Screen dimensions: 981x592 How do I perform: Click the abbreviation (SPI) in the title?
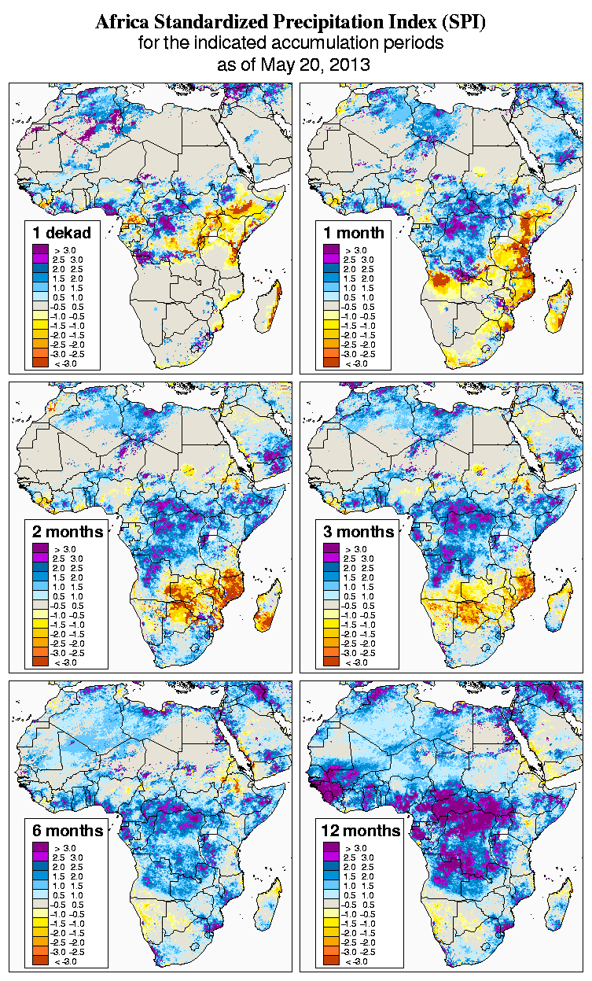(x=461, y=23)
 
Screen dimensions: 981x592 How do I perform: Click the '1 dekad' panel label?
(x=61, y=233)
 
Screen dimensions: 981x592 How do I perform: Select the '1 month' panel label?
(x=353, y=233)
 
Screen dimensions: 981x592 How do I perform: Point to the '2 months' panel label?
(x=68, y=532)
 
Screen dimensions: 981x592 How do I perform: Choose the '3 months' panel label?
(x=359, y=532)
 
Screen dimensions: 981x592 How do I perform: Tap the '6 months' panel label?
(x=68, y=831)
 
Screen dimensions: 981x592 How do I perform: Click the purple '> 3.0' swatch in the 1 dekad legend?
(x=40, y=250)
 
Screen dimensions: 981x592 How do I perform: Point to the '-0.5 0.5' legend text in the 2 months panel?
(x=68, y=606)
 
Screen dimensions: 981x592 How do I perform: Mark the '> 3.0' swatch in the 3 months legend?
(x=331, y=549)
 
